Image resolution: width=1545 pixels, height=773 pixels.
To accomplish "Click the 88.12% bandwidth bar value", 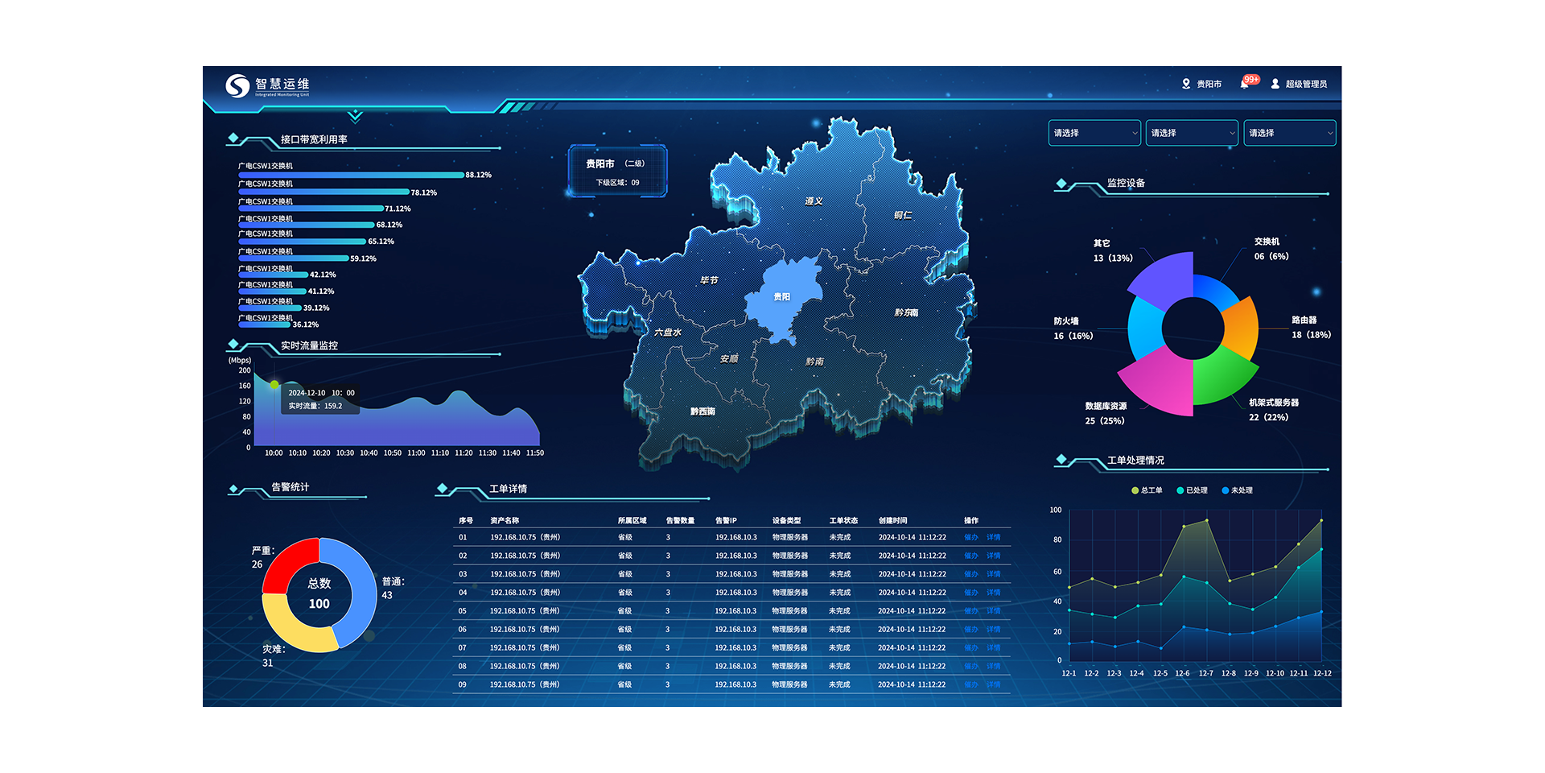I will click(478, 175).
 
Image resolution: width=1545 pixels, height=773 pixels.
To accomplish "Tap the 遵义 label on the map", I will click(814, 201).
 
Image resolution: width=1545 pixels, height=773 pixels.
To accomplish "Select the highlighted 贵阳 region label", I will click(781, 297).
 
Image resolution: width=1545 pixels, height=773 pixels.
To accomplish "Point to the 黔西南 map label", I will click(702, 411).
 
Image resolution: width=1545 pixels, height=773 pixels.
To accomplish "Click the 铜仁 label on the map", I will click(903, 215).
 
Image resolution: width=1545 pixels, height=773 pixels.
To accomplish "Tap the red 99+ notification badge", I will click(1250, 80).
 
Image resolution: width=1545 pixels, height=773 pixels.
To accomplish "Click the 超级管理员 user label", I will click(1305, 84).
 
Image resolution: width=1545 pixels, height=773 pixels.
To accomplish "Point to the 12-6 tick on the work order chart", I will click(1182, 673).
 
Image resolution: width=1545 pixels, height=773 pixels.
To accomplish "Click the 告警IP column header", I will click(726, 521).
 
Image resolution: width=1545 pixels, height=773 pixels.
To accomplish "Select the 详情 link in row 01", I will click(994, 537).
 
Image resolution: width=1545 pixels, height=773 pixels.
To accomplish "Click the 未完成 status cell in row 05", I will click(839, 611).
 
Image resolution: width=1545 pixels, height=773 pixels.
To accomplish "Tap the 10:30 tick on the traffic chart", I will click(345, 453).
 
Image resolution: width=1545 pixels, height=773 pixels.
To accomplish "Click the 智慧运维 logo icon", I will click(237, 85).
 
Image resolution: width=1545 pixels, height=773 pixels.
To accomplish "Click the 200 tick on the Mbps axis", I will click(245, 370).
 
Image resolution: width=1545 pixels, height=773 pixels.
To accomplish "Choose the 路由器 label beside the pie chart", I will click(1304, 320).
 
